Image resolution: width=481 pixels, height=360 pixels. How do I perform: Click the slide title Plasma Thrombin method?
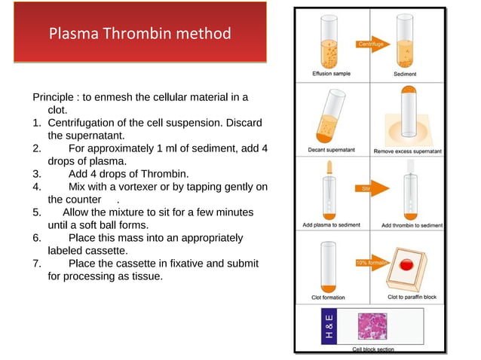point(139,34)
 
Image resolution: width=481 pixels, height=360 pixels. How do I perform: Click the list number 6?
point(36,238)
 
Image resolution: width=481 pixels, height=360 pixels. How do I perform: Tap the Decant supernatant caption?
point(331,151)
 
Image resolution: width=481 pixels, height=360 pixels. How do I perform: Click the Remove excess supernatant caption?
point(408,151)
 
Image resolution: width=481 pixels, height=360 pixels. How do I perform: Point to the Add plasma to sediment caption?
point(332,225)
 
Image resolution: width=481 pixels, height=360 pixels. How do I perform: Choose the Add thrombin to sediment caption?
point(412,225)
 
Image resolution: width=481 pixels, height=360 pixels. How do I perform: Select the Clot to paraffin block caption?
point(412,297)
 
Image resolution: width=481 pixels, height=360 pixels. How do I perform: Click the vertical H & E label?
point(329,326)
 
